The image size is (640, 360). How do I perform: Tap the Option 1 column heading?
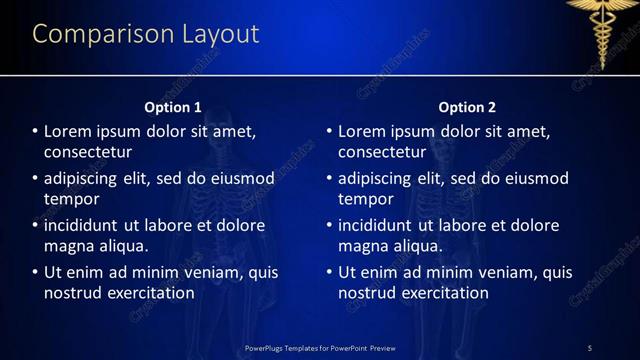click(x=173, y=107)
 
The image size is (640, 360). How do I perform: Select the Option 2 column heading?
click(x=467, y=107)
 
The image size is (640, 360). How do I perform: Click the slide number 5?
click(x=589, y=347)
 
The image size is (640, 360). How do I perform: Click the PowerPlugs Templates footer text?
click(x=320, y=347)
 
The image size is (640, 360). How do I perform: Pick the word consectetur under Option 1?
click(x=88, y=152)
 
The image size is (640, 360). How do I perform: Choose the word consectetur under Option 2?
click(x=383, y=152)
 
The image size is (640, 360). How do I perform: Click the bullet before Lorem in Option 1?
click(x=35, y=131)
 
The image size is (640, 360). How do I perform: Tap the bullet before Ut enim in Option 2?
click(x=329, y=272)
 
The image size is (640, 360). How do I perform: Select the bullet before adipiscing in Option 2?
click(x=329, y=179)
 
